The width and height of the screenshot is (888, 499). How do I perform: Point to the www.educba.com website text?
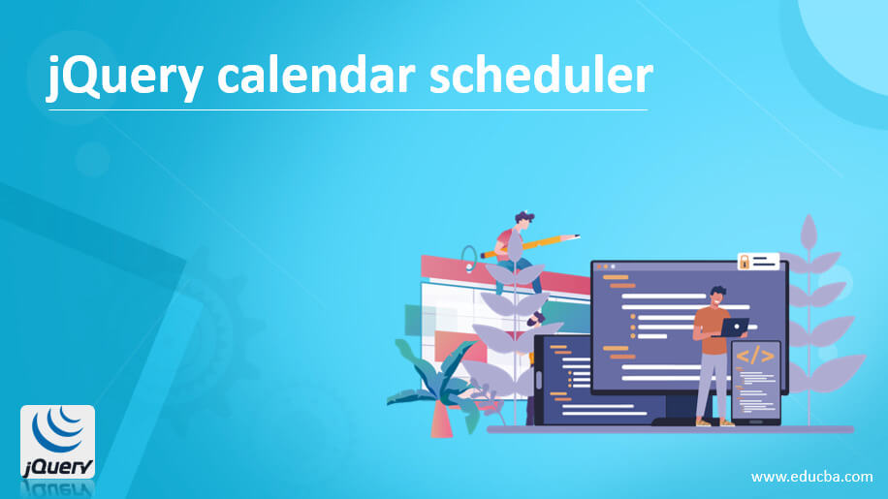pos(812,478)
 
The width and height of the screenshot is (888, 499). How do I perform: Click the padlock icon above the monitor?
pos(745,262)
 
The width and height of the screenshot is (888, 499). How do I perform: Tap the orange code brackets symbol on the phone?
pos(754,357)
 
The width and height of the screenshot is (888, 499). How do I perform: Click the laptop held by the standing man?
pos(734,327)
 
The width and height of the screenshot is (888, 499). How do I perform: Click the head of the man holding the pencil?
pos(524,221)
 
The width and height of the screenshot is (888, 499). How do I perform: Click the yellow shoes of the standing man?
pos(714,422)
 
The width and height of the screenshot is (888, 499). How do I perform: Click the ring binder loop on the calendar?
pos(469,258)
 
